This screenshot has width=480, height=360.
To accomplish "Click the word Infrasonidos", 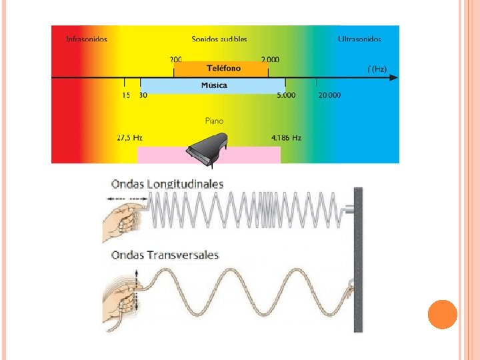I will pos(87,39).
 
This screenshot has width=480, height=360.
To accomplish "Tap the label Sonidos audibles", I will pos(219,39).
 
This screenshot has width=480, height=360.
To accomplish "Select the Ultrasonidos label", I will pos(359,39).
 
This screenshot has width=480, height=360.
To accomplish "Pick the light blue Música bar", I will pos(213,85).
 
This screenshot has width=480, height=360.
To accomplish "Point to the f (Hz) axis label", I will pos(377,69).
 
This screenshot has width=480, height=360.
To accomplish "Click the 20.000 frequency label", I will pos(329,95).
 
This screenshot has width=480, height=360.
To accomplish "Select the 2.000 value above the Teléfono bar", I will pos(270,59).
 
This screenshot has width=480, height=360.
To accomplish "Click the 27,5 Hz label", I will pos(130,138).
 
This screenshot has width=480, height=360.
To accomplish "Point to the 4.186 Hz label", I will pos(287,138).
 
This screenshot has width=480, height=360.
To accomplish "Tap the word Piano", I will pos(214,121).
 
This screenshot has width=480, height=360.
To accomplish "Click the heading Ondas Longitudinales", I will pos(167,184).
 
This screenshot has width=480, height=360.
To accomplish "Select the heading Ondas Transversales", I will pos(165,255).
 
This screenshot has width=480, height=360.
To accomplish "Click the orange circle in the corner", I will pos(442,314).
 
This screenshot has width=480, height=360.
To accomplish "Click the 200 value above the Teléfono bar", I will pos(177,59).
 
